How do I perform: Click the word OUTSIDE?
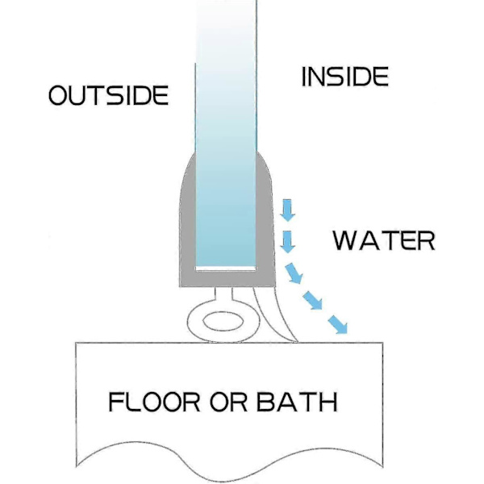pyautogui.click(x=109, y=95)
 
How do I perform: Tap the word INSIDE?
pyautogui.click(x=344, y=77)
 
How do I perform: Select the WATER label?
pyautogui.click(x=384, y=240)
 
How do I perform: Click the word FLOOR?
pyautogui.click(x=154, y=402)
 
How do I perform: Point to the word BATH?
pyautogui.click(x=297, y=402)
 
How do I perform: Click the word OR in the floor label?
pyautogui.click(x=228, y=402)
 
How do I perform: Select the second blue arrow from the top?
pyautogui.click(x=288, y=242)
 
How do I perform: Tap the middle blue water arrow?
pyautogui.click(x=293, y=273)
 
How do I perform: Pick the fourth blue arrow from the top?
pyautogui.click(x=312, y=300)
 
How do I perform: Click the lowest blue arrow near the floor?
pyautogui.click(x=337, y=324)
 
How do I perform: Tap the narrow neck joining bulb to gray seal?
pyautogui.click(x=224, y=295)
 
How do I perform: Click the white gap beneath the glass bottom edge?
pyautogui.click(x=226, y=269)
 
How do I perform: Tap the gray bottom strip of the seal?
pyautogui.click(x=227, y=279)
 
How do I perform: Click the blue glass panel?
pyautogui.click(x=226, y=133)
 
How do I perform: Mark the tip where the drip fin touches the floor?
pyautogui.click(x=297, y=342)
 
